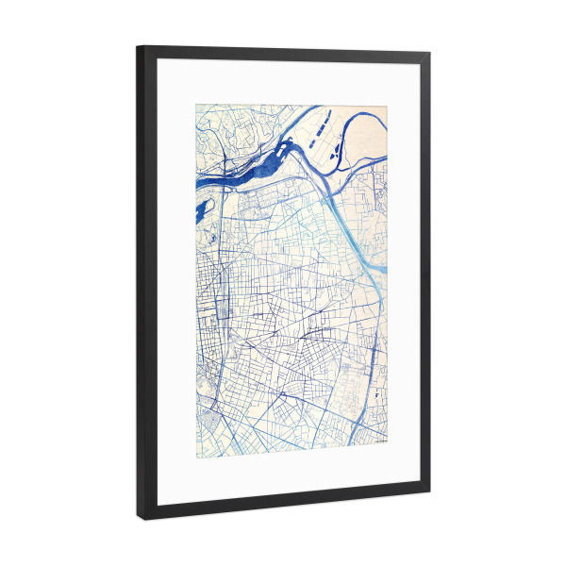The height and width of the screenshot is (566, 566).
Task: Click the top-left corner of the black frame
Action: pos(138,45)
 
